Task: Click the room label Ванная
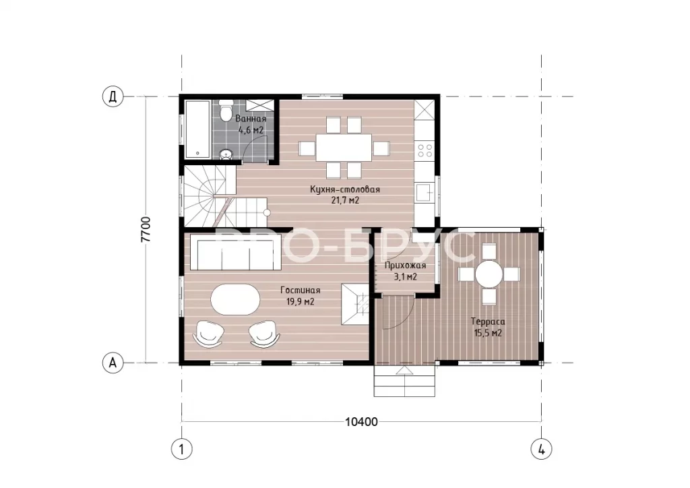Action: [251, 119]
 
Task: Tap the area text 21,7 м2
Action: [344, 201]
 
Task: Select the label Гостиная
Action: [300, 291]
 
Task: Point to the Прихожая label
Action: [405, 266]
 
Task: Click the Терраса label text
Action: [488, 322]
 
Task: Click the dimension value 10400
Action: [361, 422]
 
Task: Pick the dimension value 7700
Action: [146, 229]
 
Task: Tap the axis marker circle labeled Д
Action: [113, 96]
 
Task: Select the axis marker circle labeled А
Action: [113, 363]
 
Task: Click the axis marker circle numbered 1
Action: [181, 450]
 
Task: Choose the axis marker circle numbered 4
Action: [541, 450]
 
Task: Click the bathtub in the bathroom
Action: [199, 129]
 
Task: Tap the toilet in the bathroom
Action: [226, 111]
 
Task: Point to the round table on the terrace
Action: [489, 274]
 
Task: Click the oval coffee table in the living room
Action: [235, 299]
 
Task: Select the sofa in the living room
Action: [235, 251]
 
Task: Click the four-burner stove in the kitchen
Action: [425, 150]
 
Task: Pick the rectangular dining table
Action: [344, 148]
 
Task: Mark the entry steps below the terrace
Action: [405, 381]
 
